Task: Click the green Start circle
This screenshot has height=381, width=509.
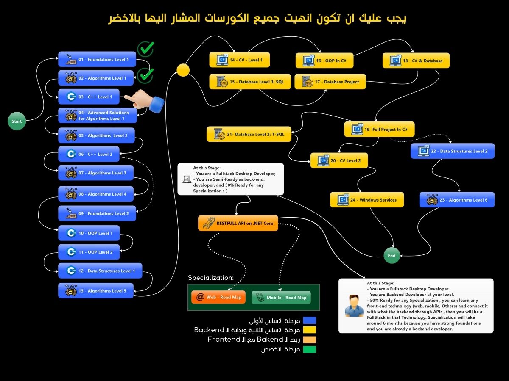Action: (x=17, y=121)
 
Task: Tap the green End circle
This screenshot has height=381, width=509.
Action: (x=392, y=255)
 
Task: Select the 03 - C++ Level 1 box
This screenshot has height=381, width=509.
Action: (x=89, y=97)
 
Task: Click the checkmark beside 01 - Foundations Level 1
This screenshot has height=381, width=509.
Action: (x=145, y=49)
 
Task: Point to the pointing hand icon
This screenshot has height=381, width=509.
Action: (x=144, y=101)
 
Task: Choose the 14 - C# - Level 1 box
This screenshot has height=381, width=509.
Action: (x=240, y=60)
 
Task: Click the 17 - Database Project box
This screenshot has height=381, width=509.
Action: (x=330, y=82)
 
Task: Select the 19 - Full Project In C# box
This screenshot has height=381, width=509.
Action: (x=379, y=129)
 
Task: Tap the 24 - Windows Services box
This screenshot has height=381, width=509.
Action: (x=367, y=200)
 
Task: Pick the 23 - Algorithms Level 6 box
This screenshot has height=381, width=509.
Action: (x=457, y=200)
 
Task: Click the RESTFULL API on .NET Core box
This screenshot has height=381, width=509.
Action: (x=238, y=223)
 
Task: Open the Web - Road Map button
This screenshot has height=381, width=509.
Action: (x=218, y=297)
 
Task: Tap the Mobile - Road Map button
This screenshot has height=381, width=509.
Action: (x=281, y=298)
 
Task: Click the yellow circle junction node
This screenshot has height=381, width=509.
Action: (x=183, y=70)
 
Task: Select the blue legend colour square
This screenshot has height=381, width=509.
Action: (x=310, y=320)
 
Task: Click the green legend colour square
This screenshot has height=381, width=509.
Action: (x=310, y=349)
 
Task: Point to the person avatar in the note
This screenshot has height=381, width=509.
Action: (x=354, y=306)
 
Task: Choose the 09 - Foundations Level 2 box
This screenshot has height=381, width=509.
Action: (x=97, y=213)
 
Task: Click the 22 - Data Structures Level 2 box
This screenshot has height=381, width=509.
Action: (x=453, y=151)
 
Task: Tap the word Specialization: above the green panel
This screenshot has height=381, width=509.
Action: (x=211, y=278)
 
